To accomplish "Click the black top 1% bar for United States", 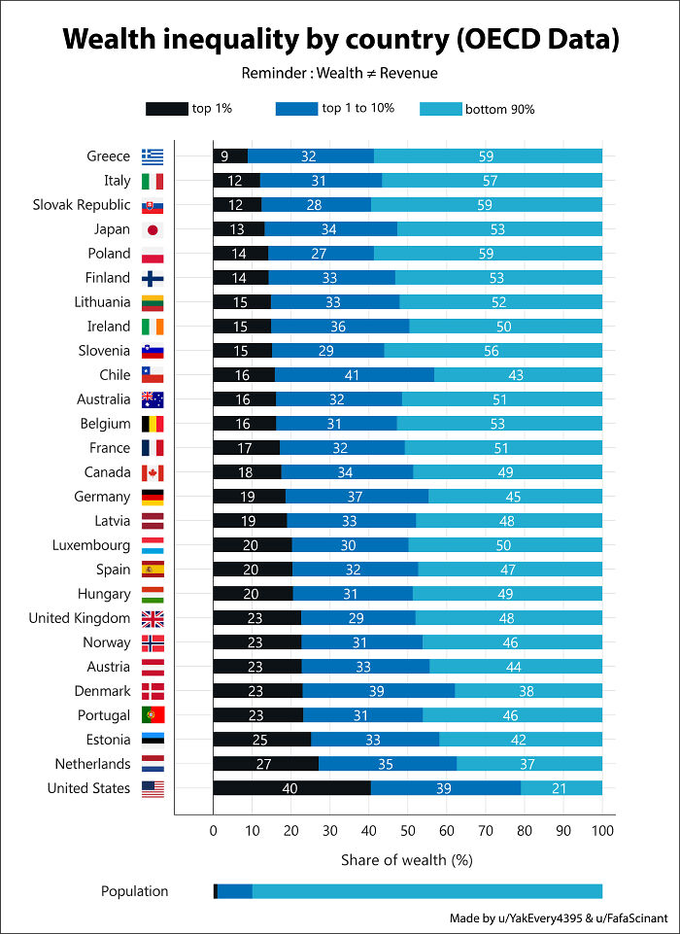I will pyautogui.click(x=291, y=788).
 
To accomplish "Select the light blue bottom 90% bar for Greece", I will pyautogui.click(x=488, y=156).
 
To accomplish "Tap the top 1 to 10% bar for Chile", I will pyautogui.click(x=355, y=375).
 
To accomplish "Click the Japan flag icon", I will pyautogui.click(x=152, y=229).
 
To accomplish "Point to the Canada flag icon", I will pyautogui.click(x=152, y=472).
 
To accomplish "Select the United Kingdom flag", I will pyautogui.click(x=152, y=618).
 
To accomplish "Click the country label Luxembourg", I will pyautogui.click(x=91, y=545).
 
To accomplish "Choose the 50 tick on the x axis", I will pyautogui.click(x=408, y=832).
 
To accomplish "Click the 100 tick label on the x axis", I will pyautogui.click(x=602, y=832).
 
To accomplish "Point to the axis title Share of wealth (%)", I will pyautogui.click(x=406, y=860).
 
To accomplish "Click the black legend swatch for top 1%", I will pyautogui.click(x=166, y=109).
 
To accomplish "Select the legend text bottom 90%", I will pyautogui.click(x=499, y=109).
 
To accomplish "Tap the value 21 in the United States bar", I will pyautogui.click(x=559, y=788).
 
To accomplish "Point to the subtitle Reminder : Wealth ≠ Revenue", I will pyautogui.click(x=340, y=74).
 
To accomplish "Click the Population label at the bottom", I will pyautogui.click(x=134, y=891).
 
